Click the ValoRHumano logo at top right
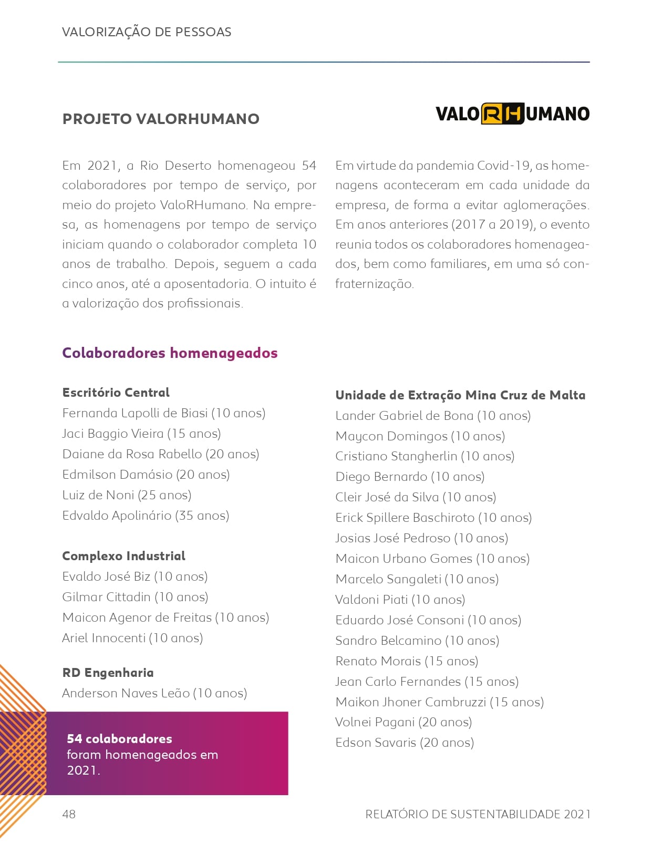(x=512, y=114)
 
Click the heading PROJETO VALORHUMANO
(x=161, y=119)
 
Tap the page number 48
(x=69, y=814)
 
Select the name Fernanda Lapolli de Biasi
(x=135, y=413)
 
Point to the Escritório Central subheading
(x=116, y=393)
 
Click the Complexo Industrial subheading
(x=123, y=556)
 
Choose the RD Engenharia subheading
(x=108, y=673)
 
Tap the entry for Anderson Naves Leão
(x=154, y=693)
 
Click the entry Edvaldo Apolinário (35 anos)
(x=146, y=516)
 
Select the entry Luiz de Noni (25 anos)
(x=127, y=495)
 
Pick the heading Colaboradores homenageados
(x=170, y=353)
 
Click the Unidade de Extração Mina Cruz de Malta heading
(x=460, y=395)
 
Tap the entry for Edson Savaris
(x=405, y=743)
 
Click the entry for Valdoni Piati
(x=400, y=600)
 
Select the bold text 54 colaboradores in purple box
(x=119, y=738)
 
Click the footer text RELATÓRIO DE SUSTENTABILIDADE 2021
(x=478, y=814)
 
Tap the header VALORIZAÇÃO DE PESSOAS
(x=147, y=32)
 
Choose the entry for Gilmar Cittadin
(x=135, y=597)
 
